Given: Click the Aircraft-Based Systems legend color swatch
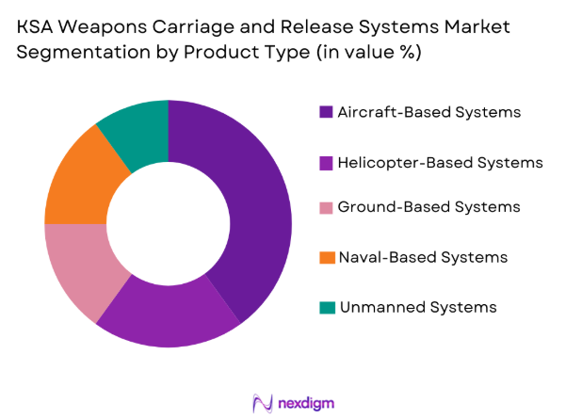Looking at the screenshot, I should point(326,112).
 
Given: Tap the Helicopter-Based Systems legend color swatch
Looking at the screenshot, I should point(326,162).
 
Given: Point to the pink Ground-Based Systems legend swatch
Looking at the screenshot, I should point(326,207).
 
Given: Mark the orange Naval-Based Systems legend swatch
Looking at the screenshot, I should point(326,257).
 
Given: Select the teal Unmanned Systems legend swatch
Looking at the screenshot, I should point(326,307).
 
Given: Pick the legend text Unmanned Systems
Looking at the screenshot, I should point(416,307).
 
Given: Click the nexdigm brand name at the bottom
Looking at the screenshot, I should point(308,403).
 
